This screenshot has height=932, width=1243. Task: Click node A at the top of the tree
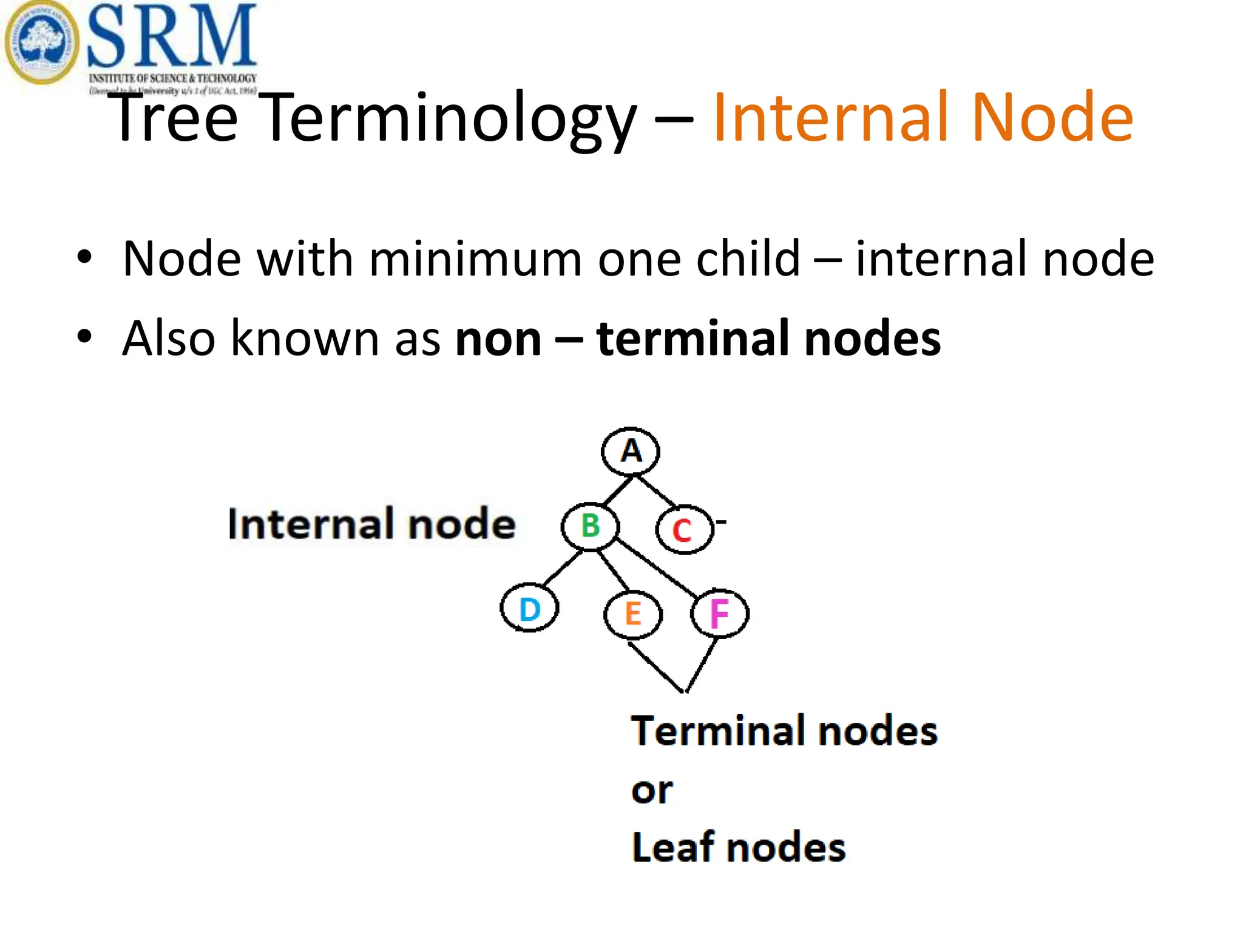631,451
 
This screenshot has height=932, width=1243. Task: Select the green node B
590,526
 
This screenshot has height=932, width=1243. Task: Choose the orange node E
633,614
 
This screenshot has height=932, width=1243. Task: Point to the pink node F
719,613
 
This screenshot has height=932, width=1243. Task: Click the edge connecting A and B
618,491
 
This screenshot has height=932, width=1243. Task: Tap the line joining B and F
657,567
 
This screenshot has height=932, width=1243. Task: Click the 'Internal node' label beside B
371,524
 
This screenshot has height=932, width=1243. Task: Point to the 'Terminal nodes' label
784,731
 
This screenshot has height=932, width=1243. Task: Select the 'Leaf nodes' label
738,847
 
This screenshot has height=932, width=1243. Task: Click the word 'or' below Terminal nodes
652,791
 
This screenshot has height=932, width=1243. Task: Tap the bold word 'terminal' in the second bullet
695,339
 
